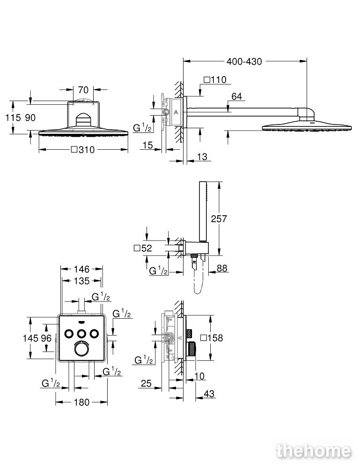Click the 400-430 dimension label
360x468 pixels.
click(x=244, y=61)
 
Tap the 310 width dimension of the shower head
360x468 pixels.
click(x=83, y=150)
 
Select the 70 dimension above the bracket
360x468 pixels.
click(x=83, y=89)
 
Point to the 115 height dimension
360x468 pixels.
click(x=13, y=117)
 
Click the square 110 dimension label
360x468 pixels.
click(x=215, y=80)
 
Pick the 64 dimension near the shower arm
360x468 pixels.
click(x=237, y=96)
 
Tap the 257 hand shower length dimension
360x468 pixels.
click(x=219, y=219)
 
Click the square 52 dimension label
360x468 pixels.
click(x=143, y=248)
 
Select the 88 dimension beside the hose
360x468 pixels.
click(x=222, y=268)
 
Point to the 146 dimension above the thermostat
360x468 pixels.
click(x=81, y=269)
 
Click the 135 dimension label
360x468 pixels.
click(x=81, y=281)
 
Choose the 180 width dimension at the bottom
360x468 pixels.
click(x=82, y=402)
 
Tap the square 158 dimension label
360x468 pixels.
click(x=212, y=338)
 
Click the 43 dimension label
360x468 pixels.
click(x=209, y=394)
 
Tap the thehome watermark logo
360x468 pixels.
click(x=314, y=451)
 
